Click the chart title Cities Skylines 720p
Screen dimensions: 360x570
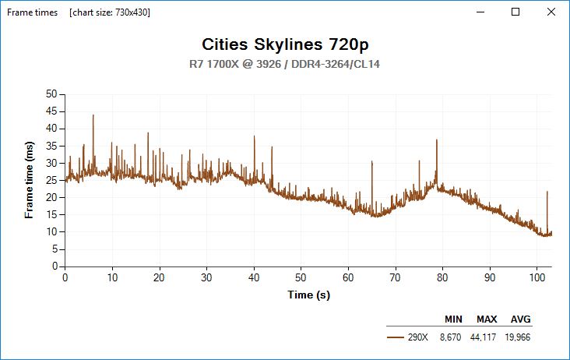pos(284,44)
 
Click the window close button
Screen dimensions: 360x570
pos(551,12)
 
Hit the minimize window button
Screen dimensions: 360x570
pos(479,12)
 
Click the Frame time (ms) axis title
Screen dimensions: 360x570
pos(30,179)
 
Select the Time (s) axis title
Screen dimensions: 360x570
pos(308,295)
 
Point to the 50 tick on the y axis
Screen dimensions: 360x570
pos(53,94)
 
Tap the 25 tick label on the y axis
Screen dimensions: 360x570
pos(53,180)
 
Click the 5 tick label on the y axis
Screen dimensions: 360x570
pos(55,249)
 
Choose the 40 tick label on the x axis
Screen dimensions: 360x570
pos(254,277)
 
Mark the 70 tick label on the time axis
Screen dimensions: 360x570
pos(396,277)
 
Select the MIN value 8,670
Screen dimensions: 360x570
pos(452,337)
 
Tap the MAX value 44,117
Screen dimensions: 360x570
pos(485,337)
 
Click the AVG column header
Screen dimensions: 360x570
pos(521,319)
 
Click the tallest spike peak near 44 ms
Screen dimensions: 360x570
pos(93,115)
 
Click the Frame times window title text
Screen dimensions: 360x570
pos(33,12)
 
